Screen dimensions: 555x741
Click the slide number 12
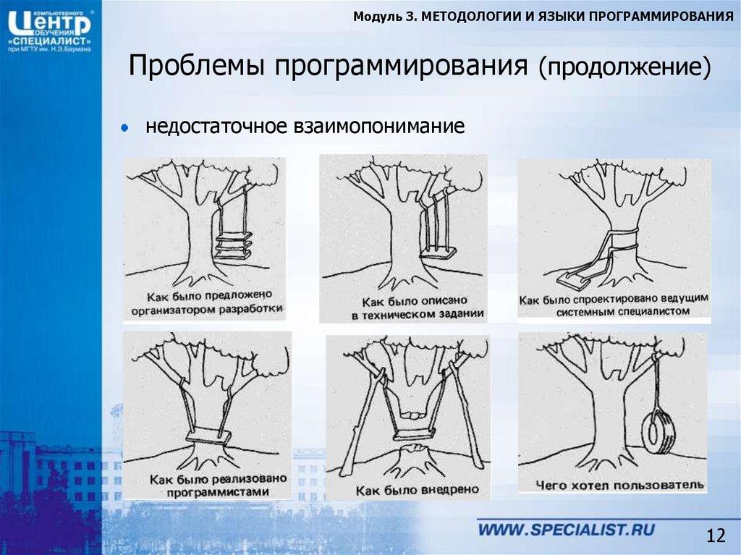(x=715, y=535)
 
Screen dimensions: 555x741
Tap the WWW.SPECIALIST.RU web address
(x=566, y=529)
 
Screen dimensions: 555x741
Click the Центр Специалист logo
(x=49, y=29)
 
